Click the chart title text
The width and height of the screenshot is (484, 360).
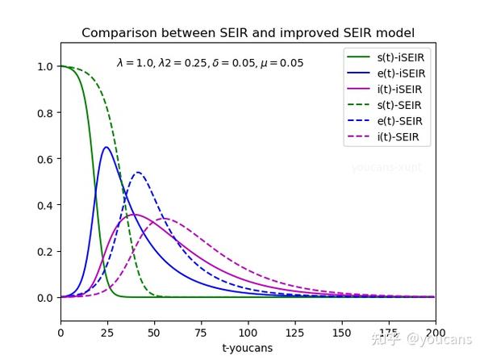(248, 33)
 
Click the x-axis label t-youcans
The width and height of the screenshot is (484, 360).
(248, 348)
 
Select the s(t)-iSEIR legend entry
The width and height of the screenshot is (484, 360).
(401, 57)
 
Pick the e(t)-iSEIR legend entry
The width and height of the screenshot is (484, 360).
(401, 73)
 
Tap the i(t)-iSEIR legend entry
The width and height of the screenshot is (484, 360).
(401, 89)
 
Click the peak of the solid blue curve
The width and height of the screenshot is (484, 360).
(106, 147)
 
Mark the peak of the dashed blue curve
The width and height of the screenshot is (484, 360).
(138, 172)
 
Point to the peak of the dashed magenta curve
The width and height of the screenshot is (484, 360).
(164, 219)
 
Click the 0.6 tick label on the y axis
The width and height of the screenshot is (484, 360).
(44, 159)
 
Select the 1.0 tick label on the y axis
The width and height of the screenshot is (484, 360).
(44, 66)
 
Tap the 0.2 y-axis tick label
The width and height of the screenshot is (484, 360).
(44, 251)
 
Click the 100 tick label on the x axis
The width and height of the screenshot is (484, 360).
(248, 332)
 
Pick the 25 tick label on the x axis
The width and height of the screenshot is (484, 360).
(106, 332)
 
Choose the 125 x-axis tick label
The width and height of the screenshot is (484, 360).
(294, 332)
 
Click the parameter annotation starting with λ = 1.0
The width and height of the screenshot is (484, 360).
(210, 62)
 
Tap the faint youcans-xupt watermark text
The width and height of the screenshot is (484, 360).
(386, 168)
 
